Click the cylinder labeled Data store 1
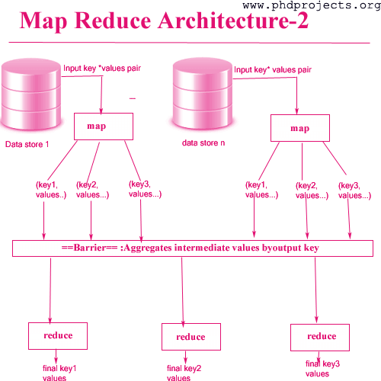[31, 94]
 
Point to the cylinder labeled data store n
[203, 94]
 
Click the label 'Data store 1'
[27, 144]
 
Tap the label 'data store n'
[203, 143]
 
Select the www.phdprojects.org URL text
[312, 5]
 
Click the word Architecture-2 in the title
[233, 21]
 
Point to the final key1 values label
[59, 373]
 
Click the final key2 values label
[184, 373]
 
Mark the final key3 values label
[322, 369]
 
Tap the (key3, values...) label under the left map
[145, 189]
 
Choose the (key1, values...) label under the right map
[261, 190]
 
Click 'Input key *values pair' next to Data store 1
[102, 69]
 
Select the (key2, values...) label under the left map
[92, 190]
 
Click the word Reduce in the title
[113, 21]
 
